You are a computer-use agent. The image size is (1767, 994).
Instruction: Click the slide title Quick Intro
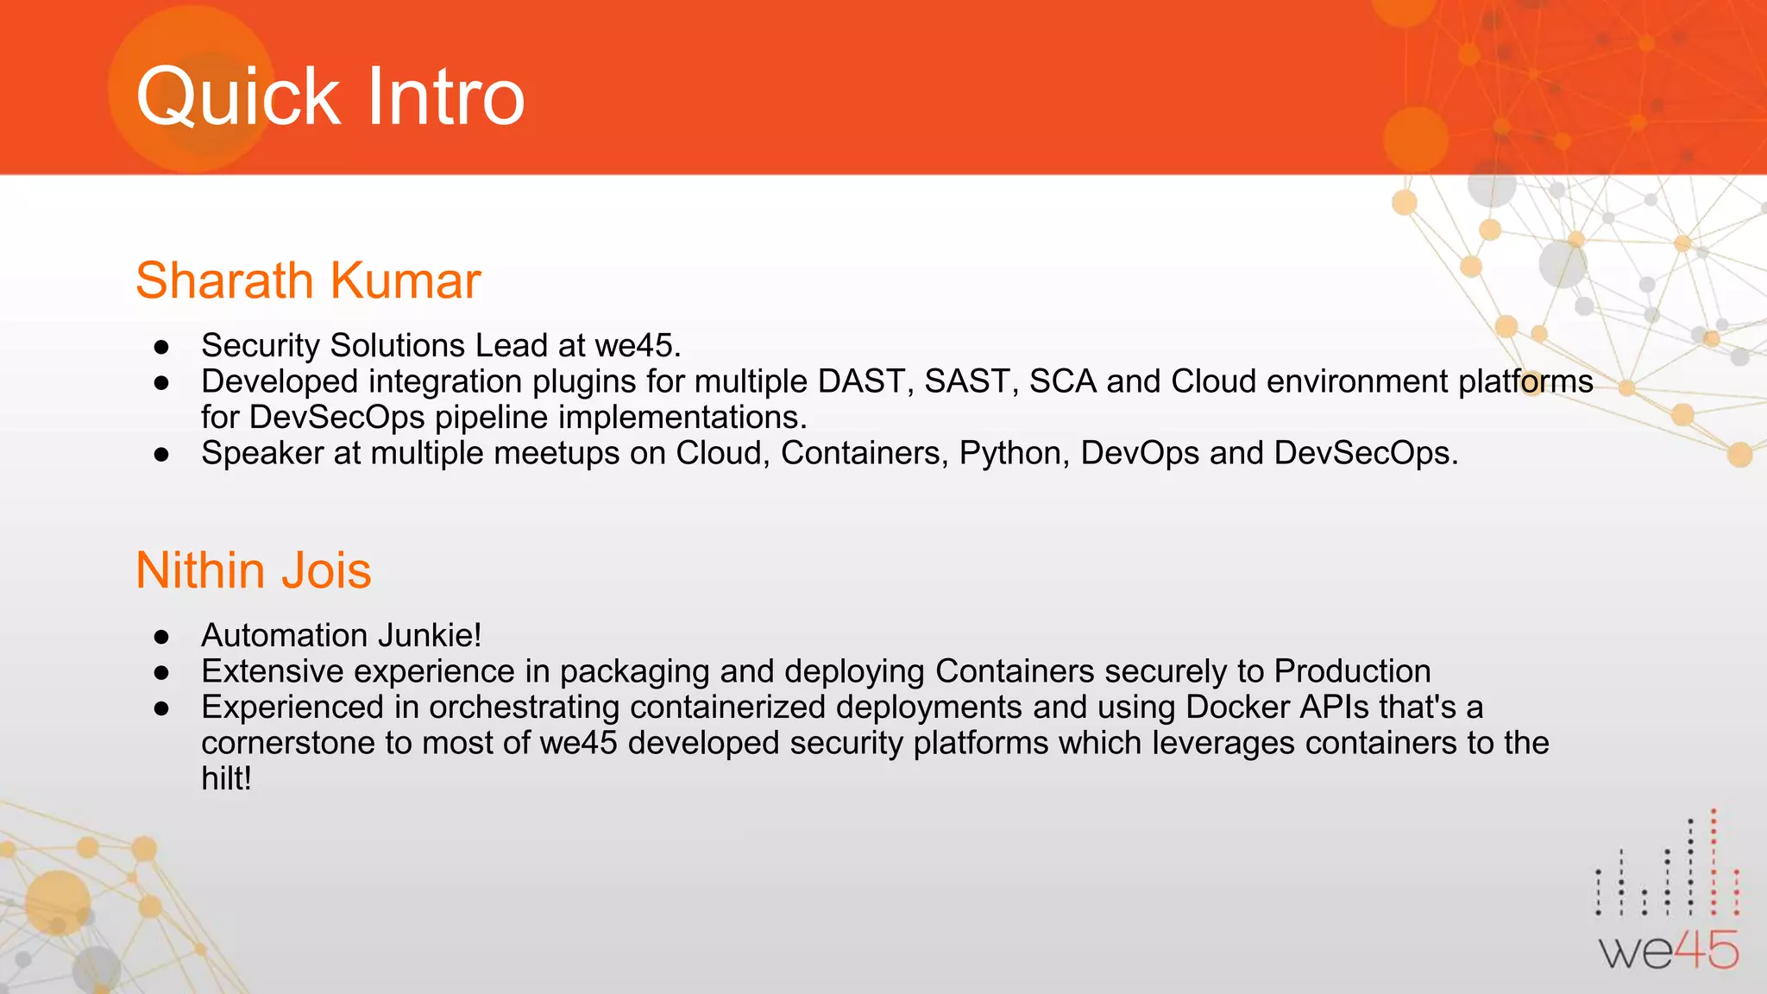tap(330, 97)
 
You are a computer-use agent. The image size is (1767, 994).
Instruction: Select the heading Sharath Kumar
tap(308, 280)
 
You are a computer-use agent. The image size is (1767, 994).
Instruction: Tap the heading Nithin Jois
tap(253, 570)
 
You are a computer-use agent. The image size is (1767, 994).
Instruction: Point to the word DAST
tap(865, 381)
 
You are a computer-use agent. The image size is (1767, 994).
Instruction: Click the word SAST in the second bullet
tap(972, 381)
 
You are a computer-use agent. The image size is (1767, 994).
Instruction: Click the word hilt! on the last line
tap(226, 778)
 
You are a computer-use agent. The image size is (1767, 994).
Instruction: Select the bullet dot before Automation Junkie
tap(161, 637)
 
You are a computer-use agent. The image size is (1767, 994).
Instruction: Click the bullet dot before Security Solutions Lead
tap(161, 347)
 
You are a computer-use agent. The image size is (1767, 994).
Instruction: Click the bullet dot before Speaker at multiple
tap(161, 455)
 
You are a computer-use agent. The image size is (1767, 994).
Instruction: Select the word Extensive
tap(272, 671)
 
